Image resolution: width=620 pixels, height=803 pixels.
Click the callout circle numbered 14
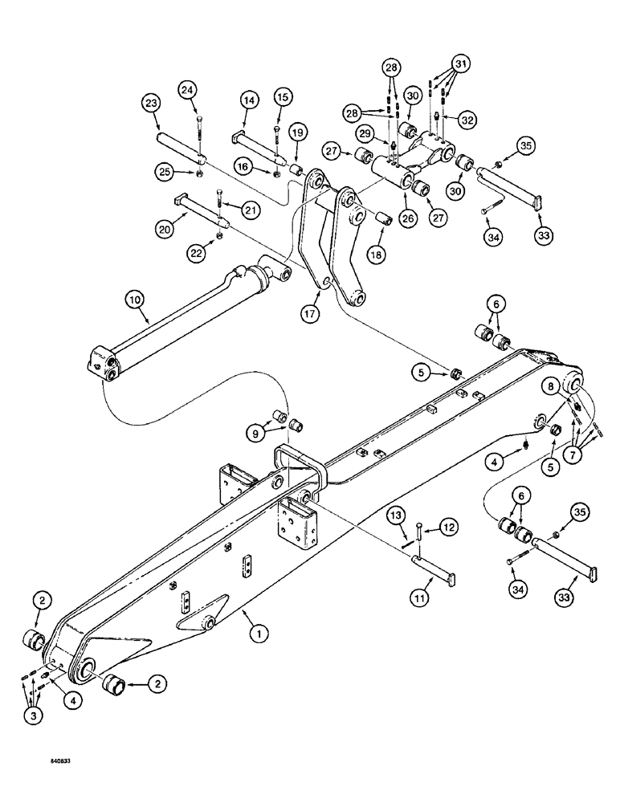click(248, 101)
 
